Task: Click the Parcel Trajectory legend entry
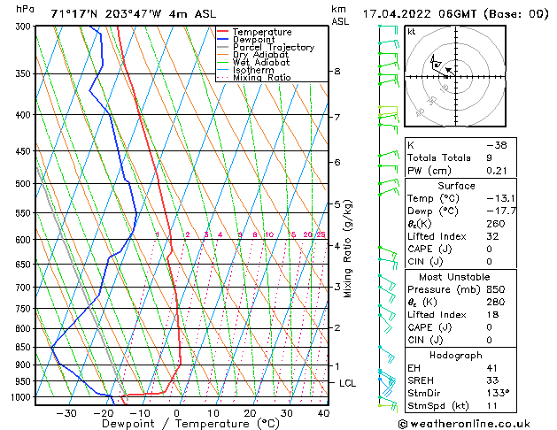(273, 47)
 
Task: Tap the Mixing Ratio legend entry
(261, 78)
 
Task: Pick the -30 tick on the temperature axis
(66, 413)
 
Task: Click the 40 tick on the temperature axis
(323, 413)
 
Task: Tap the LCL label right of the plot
(348, 383)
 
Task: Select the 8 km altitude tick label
(337, 71)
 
